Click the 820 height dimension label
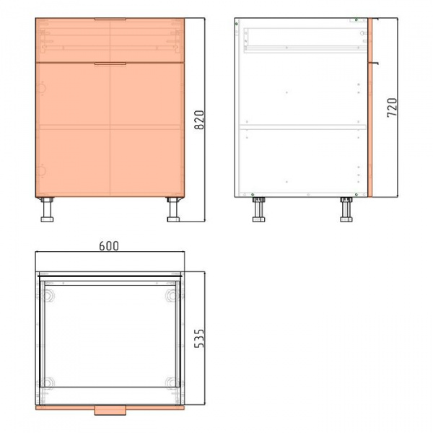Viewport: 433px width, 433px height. [199, 120]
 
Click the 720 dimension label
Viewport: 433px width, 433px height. [392, 108]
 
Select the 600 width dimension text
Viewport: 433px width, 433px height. [109, 246]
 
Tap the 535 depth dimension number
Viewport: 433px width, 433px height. [199, 338]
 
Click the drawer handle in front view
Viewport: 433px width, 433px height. [110, 19]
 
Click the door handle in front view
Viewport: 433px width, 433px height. [110, 64]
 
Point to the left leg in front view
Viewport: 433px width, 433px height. [47, 209]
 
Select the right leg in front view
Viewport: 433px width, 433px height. [173, 209]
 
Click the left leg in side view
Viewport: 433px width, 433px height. [259, 209]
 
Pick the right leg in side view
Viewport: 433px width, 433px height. [346, 209]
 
